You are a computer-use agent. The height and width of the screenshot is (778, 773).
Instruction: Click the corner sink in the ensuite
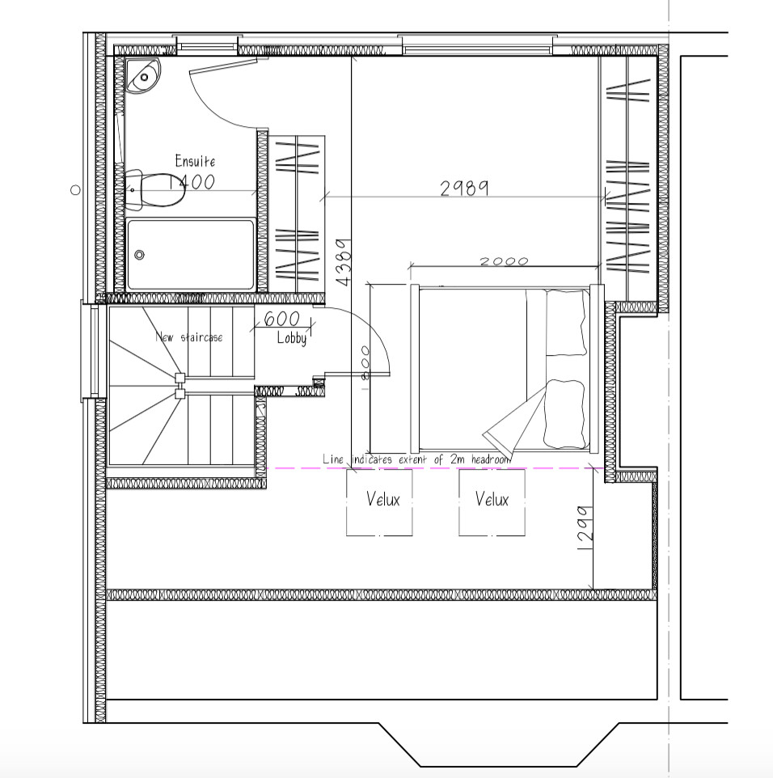(143, 75)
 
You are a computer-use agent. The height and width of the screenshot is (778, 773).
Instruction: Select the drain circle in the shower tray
(140, 255)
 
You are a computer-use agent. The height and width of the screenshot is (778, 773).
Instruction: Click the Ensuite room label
(195, 161)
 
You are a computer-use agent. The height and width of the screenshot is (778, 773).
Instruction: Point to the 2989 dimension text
(464, 188)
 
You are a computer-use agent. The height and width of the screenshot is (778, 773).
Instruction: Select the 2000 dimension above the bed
(503, 261)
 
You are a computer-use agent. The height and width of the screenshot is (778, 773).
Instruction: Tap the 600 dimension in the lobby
(281, 319)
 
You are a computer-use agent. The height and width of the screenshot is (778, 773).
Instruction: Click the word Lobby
(292, 338)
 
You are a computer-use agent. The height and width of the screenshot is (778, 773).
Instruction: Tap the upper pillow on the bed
(565, 322)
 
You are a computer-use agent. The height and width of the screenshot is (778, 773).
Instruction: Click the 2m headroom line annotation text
(416, 459)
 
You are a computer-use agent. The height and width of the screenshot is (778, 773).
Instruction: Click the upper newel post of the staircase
(180, 377)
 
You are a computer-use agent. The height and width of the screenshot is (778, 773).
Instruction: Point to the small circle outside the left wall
(75, 190)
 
